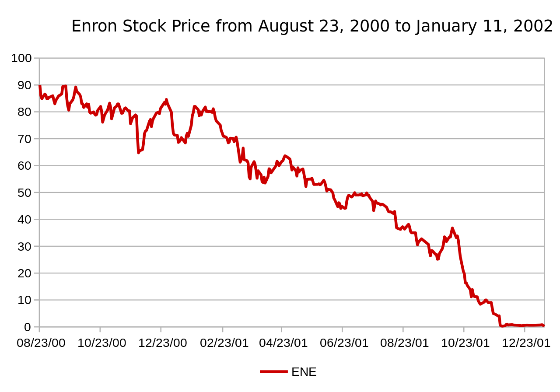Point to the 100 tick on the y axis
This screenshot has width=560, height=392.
click(21, 58)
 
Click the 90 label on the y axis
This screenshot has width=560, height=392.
click(24, 85)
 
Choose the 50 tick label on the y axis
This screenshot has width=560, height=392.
click(24, 193)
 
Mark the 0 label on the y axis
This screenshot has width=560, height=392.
click(28, 327)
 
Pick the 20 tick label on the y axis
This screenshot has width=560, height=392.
click(24, 273)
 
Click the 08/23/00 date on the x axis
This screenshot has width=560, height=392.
click(41, 343)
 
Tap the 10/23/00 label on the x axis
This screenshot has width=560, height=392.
click(101, 343)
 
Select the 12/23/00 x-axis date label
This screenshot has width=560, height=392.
click(162, 343)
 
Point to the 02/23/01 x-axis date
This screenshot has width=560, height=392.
click(224, 343)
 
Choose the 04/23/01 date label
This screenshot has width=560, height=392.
click(283, 343)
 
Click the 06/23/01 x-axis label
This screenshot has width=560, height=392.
click(344, 343)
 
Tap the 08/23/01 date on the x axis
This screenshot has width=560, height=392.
click(405, 343)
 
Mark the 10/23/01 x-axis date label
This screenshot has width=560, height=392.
click(465, 343)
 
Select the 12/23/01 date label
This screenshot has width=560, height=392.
click(526, 343)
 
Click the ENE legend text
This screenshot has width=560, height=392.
click(304, 372)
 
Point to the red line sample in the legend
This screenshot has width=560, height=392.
click(273, 372)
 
